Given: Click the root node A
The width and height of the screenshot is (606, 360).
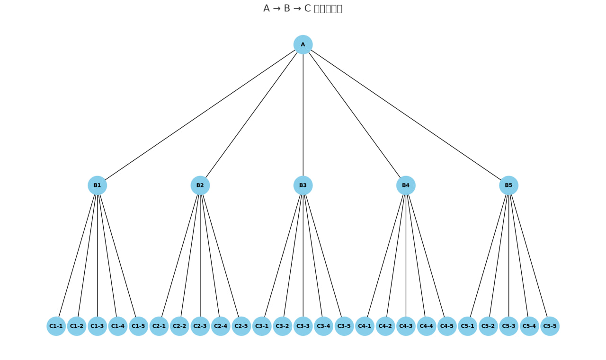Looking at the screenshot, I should tap(303, 44).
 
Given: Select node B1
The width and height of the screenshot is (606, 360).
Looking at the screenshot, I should tap(97, 185).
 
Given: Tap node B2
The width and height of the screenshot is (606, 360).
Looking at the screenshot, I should tap(200, 185).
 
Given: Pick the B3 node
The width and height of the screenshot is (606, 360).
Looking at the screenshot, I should tap(303, 185).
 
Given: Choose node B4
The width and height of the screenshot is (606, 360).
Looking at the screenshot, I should tap(406, 185).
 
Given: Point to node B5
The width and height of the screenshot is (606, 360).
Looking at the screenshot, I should tap(508, 185).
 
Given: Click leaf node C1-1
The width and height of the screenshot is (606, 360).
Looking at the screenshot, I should tap(56, 326).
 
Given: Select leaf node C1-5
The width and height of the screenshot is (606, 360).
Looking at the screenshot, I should tap(138, 326).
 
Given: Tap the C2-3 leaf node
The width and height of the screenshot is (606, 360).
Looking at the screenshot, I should tap(200, 326).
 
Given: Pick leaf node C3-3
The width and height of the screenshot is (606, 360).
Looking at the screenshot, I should tap(303, 326).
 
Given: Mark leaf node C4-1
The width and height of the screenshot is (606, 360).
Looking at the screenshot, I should tap(365, 326).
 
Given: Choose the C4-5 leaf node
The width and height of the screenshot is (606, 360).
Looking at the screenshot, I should tap(447, 326).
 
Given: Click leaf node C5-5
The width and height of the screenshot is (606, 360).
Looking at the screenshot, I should tap(550, 326).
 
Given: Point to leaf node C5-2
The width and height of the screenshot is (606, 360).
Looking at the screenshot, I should tap(488, 326).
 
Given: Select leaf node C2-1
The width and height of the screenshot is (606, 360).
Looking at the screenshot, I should tap(159, 326).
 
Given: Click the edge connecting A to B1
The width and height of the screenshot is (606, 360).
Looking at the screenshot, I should tap(200, 115).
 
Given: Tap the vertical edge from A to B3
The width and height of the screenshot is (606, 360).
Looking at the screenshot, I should tap(303, 115).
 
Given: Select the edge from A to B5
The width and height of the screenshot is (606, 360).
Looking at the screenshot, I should tap(406, 115).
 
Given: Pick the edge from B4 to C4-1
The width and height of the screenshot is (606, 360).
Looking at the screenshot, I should tap(385, 256).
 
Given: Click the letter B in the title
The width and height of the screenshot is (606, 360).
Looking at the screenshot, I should tap(286, 9).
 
